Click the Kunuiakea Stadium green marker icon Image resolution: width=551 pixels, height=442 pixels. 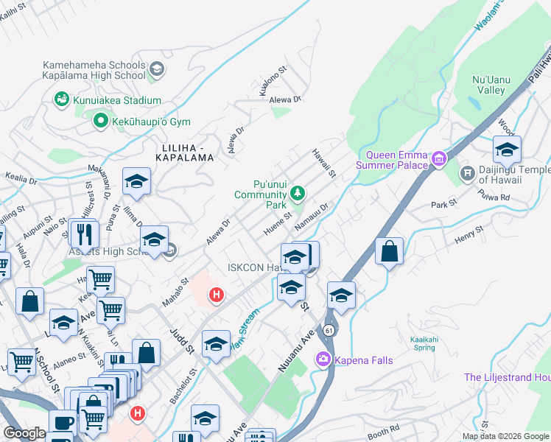tap(60, 99)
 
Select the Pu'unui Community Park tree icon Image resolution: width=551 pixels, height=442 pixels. tap(298, 194)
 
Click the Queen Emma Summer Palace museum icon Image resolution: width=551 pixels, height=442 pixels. tap(439, 158)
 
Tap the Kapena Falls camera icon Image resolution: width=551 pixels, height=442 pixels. tap(323, 359)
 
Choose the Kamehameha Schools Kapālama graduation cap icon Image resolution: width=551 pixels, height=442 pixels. tap(155, 69)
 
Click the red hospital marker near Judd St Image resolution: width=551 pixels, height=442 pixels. tap(217, 295)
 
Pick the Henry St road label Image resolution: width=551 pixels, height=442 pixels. tap(468, 234)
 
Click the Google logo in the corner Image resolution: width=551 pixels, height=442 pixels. tap(25, 433)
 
